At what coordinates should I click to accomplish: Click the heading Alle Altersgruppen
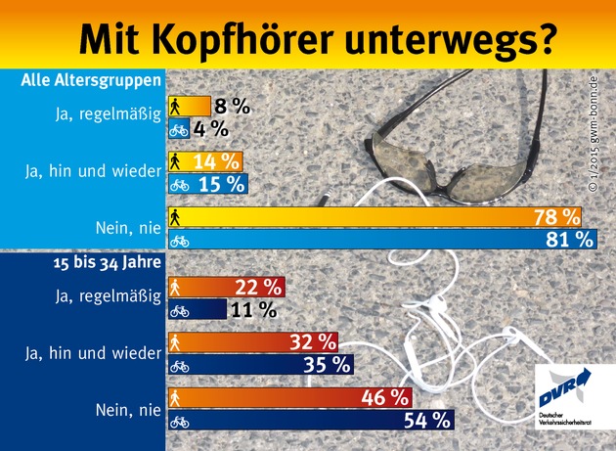tap(91, 80)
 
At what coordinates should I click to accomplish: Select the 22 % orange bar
tap(225, 288)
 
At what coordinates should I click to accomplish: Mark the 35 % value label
tap(330, 366)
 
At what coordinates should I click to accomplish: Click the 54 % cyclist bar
tap(308, 422)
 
